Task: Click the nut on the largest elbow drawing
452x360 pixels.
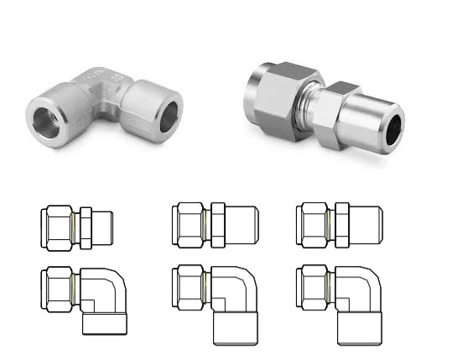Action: point(187,290)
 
